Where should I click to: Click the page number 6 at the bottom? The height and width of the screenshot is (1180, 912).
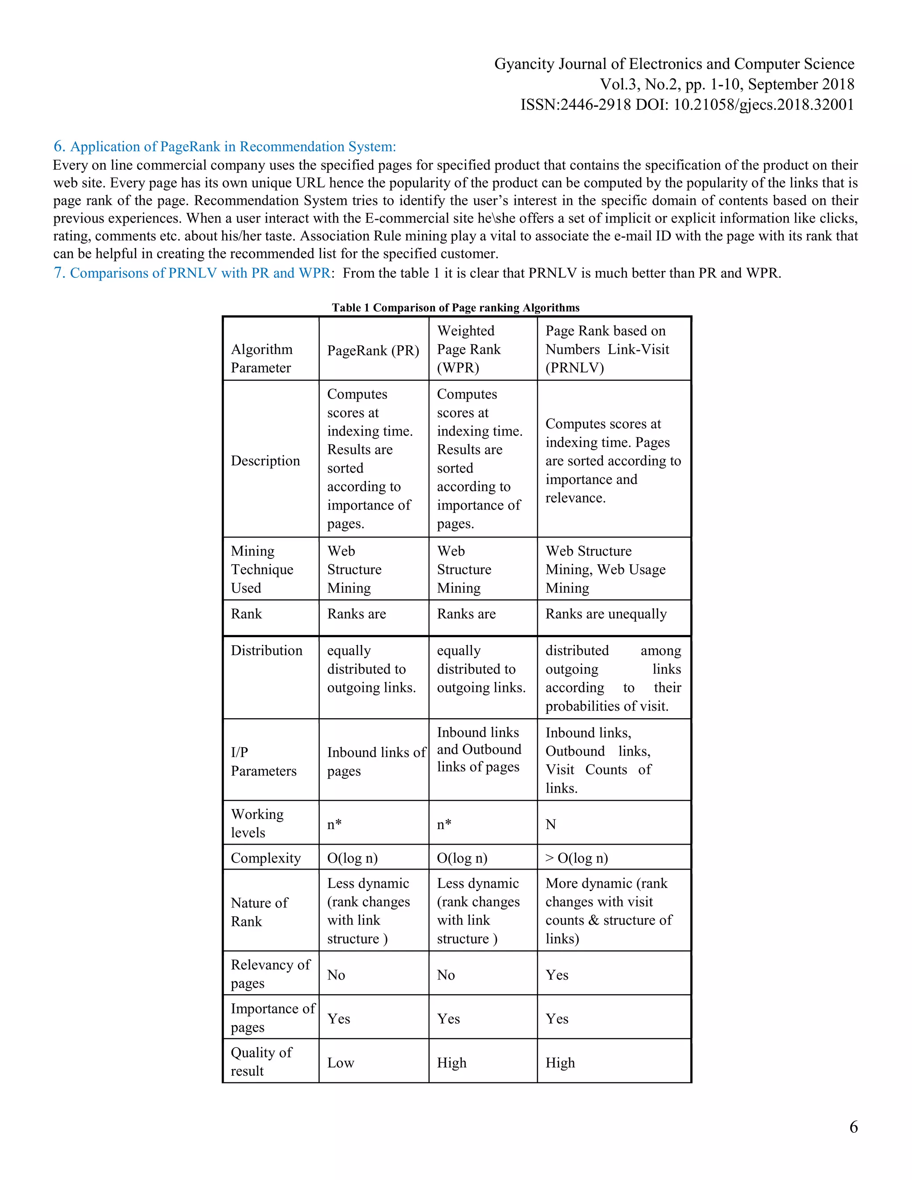[x=853, y=1127]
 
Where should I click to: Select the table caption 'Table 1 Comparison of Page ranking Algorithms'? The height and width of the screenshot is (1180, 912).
[x=456, y=307]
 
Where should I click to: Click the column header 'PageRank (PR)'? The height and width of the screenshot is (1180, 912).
[x=373, y=350]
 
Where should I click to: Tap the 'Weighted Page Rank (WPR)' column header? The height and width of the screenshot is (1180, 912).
[x=468, y=349]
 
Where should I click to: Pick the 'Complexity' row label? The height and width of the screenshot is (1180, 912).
[x=265, y=858]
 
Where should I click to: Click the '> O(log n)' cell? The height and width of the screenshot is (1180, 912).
[x=577, y=858]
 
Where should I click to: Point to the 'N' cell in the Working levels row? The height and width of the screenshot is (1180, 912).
[x=550, y=824]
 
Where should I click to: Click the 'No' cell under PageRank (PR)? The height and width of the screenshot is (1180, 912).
[x=336, y=975]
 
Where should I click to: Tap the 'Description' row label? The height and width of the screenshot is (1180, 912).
[x=265, y=460]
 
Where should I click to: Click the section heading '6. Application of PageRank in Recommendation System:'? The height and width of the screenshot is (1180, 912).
[x=224, y=146]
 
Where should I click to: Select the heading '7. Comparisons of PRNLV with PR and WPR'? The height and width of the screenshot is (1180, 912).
[x=192, y=273]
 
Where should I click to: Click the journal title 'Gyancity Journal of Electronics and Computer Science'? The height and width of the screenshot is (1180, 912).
[x=674, y=64]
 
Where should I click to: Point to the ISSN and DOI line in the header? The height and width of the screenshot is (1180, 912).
[x=687, y=104]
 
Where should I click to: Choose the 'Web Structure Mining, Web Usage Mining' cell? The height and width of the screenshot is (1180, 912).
[x=605, y=569]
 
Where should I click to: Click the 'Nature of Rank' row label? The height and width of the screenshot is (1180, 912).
[x=259, y=912]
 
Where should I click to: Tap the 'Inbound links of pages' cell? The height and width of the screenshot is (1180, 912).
[x=376, y=761]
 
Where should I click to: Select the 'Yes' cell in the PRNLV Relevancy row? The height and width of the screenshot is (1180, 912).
[x=557, y=975]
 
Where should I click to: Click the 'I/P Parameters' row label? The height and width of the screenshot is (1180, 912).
[x=263, y=761]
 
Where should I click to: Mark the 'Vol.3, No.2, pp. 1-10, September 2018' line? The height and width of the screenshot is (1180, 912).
[x=727, y=84]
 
